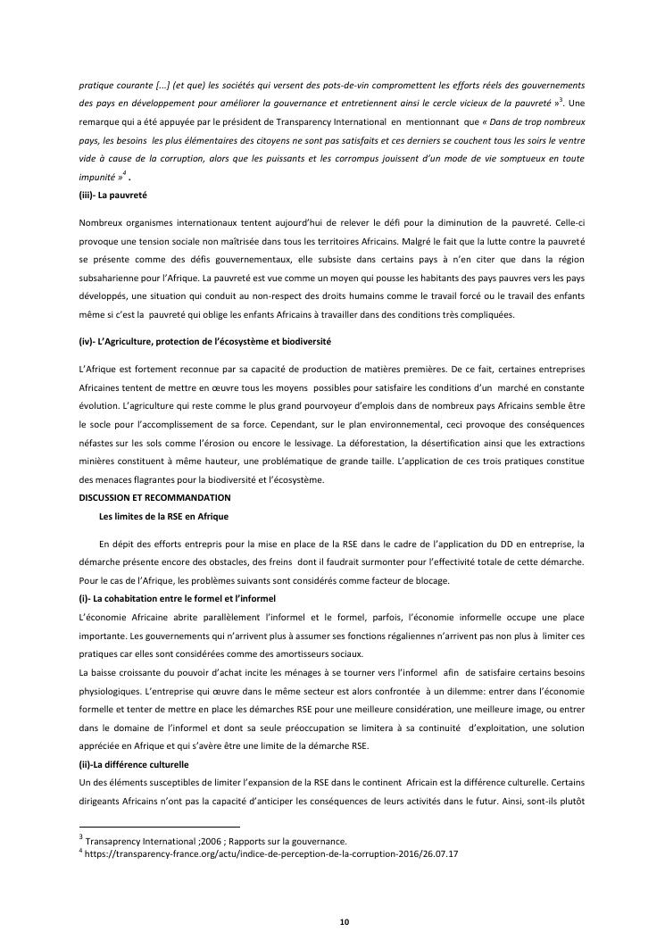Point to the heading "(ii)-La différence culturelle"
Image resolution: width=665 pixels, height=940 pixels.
134,765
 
